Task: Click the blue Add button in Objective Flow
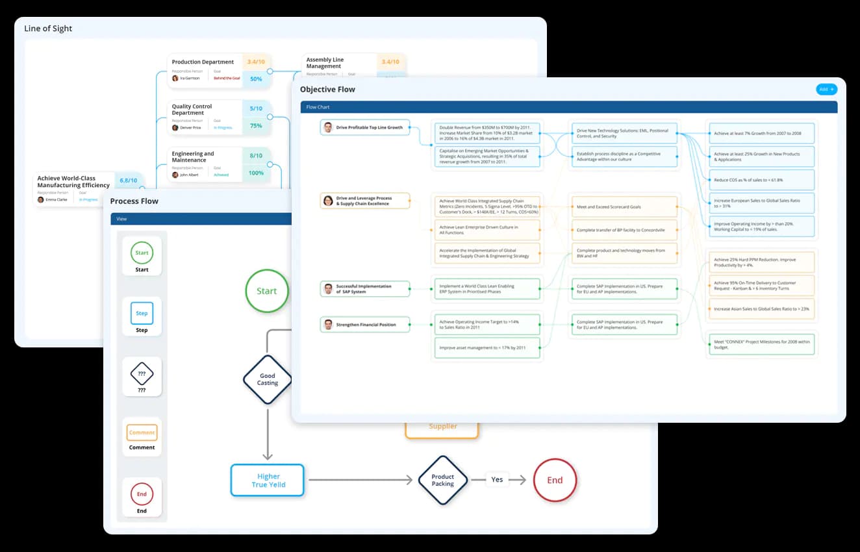826,89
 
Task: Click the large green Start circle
266,291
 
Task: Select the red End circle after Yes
554,481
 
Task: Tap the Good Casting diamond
267,379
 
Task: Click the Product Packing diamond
442,480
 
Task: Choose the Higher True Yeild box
268,481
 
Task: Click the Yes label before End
497,480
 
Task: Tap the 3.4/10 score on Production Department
256,62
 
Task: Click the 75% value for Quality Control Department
256,126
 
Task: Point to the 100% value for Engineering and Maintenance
256,173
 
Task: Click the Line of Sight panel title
48,29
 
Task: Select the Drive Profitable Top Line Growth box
365,127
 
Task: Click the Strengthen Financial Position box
365,325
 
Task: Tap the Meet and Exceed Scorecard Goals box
624,207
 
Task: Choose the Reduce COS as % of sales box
761,180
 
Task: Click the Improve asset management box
487,347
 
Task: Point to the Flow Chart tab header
319,107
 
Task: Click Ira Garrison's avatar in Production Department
175,78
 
